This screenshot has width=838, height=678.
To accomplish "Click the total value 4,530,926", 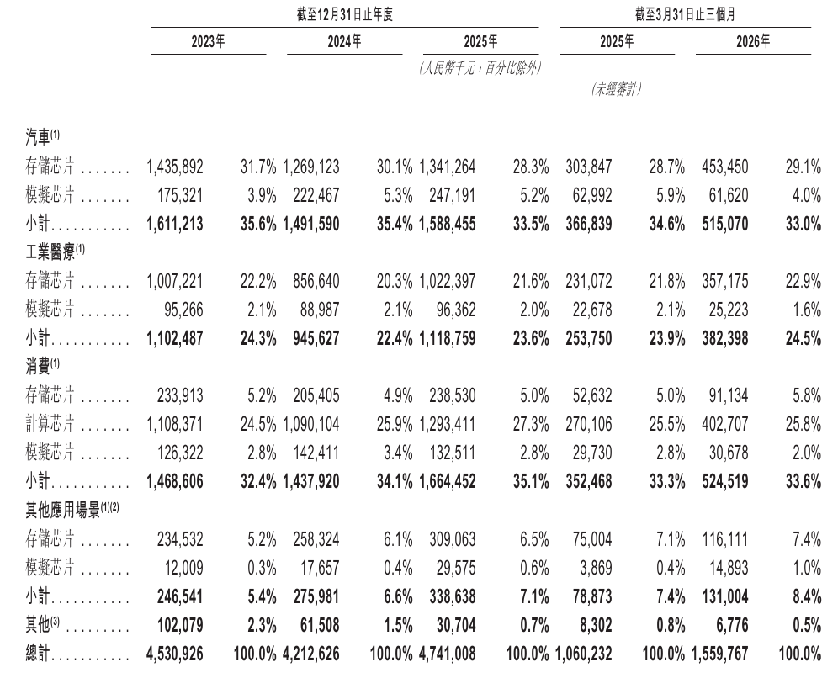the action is (174, 654).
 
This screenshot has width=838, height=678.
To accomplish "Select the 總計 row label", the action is (37, 654).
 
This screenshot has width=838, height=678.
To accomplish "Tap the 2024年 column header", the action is (344, 41).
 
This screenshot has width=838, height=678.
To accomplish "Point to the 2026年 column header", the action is (753, 41).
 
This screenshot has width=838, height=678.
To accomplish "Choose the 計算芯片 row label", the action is (50, 424).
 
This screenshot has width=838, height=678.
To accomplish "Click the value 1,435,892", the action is (175, 167).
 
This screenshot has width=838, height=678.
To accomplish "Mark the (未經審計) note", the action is (616, 88).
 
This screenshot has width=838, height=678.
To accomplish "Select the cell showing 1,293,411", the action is (448, 424).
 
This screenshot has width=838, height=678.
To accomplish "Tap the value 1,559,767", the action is (719, 654).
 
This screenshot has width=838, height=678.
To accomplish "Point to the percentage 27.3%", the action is (531, 424).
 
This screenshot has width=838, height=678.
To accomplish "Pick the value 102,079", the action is (179, 625).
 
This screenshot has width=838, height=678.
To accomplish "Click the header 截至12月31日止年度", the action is (345, 14).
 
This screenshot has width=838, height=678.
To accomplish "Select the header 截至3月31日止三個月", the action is (685, 14).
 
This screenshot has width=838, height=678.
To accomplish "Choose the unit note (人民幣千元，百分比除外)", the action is (480, 68).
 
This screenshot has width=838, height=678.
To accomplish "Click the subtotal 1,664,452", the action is (448, 481).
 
